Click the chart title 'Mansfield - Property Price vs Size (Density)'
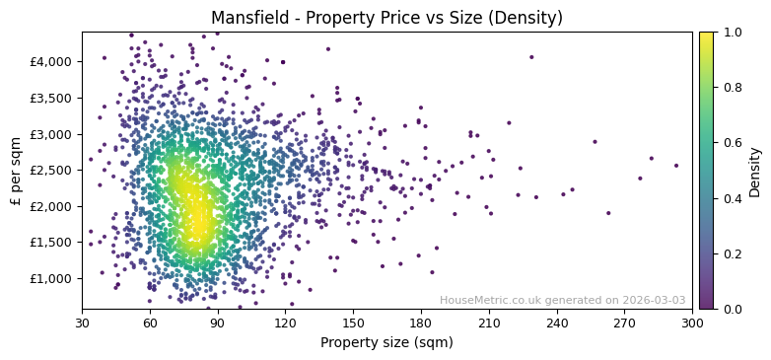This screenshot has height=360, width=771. (x=386, y=17)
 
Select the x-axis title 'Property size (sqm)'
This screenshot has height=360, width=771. (x=386, y=343)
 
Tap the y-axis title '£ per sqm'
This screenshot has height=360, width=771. (x=16, y=170)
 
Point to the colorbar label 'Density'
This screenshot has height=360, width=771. (x=754, y=170)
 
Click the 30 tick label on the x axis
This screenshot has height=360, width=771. (x=82, y=323)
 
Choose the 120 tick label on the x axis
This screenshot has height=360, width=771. (x=286, y=323)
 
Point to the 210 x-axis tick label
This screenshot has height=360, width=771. (x=489, y=323)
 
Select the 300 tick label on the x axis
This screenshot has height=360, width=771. (x=692, y=323)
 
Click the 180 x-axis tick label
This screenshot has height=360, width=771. (x=421, y=323)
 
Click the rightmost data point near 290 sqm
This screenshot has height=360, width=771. (x=676, y=166)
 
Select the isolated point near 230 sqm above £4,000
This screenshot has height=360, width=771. (x=531, y=57)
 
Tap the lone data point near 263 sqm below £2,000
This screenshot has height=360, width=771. (x=608, y=213)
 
